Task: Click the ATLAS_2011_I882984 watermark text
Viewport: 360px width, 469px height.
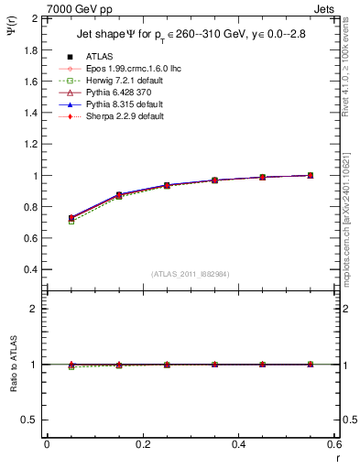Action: pyautogui.click(x=190, y=274)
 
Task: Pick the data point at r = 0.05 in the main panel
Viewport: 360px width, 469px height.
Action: pyautogui.click(x=71, y=218)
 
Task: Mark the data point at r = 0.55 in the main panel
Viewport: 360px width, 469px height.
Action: pyautogui.click(x=310, y=175)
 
